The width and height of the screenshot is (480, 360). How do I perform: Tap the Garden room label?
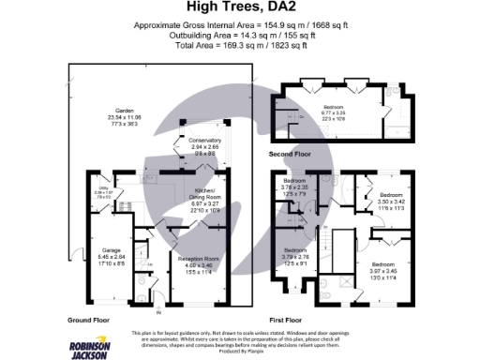tap(118, 114)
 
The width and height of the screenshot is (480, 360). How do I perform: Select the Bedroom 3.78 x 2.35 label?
tap(295, 187)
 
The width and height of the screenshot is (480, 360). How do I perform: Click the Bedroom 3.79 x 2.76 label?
tap(295, 255)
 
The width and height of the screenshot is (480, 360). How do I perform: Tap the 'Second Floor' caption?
tap(291, 154)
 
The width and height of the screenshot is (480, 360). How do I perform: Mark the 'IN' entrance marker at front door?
tap(158, 311)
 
